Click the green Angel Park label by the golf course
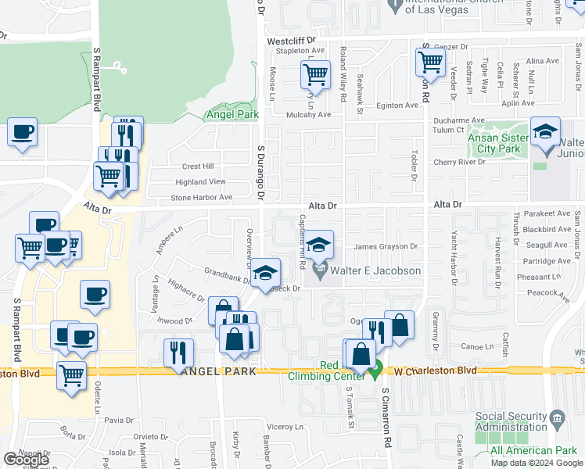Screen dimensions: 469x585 (x=231, y=115)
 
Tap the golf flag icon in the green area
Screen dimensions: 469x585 (x=119, y=68)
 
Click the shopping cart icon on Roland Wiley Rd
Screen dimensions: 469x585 (x=315, y=76)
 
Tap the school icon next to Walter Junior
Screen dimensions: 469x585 (x=545, y=131)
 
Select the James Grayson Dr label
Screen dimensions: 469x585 (x=386, y=247)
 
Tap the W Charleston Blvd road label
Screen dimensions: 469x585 (x=435, y=370)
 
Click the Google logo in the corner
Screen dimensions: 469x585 (x=25, y=460)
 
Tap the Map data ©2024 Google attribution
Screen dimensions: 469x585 (x=537, y=463)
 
